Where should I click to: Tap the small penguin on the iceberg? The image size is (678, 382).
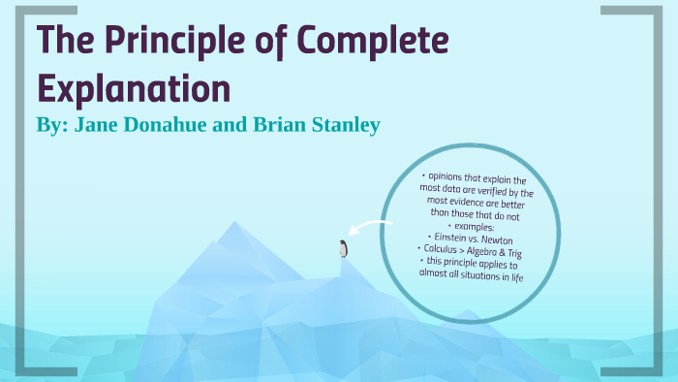[x=342, y=249]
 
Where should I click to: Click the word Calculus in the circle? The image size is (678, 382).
[x=439, y=250]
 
